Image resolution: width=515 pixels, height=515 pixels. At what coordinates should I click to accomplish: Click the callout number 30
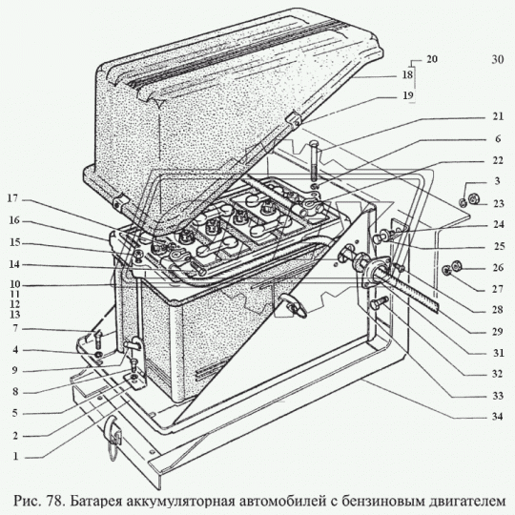(x=498, y=59)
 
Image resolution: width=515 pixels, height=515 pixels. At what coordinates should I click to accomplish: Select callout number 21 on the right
(x=498, y=116)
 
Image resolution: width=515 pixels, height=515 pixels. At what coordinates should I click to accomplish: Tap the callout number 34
(x=498, y=417)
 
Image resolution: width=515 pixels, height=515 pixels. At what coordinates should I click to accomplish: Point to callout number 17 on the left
(x=13, y=198)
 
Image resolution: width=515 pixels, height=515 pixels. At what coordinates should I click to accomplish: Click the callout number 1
(x=15, y=457)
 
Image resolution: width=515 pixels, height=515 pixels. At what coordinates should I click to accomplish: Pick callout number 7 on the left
(x=15, y=328)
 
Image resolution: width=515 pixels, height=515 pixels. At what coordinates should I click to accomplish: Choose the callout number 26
(x=498, y=268)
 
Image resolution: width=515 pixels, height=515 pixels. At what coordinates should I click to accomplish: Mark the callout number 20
(x=432, y=59)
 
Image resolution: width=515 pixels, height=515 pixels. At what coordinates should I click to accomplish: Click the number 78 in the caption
(x=54, y=502)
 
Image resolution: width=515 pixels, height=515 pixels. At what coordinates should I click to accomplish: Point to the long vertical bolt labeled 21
(x=314, y=160)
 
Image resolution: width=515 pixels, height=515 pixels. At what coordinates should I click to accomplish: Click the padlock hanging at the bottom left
(x=113, y=436)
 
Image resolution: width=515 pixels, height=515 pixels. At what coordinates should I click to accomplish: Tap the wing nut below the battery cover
(x=293, y=305)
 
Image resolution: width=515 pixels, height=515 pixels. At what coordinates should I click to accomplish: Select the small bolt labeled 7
(x=98, y=340)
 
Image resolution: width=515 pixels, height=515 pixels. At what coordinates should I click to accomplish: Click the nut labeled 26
(x=456, y=266)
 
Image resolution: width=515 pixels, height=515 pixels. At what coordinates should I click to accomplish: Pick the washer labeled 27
(x=446, y=270)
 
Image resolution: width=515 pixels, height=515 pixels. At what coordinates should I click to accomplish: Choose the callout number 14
(x=14, y=264)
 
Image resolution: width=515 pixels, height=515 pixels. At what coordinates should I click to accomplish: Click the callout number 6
(x=498, y=139)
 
